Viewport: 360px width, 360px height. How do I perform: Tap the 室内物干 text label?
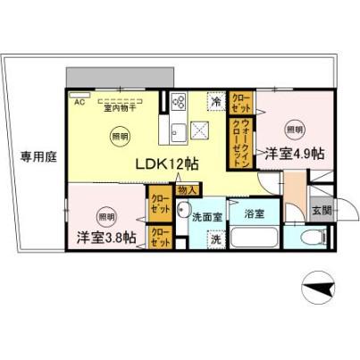pos(119,108)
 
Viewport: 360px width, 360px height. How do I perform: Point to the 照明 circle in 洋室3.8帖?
pos(106,216)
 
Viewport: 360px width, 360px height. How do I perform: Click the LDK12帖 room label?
pos(167,164)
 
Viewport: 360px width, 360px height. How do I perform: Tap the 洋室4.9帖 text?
pos(292,155)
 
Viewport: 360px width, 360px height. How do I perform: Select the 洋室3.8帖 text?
pos(106,238)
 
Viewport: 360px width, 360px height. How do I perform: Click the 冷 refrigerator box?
pos(216,102)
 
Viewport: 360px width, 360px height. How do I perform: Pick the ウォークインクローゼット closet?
pos(242,140)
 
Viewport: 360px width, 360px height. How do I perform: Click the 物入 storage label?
pos(188,189)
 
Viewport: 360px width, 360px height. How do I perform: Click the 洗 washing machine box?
pos(215,239)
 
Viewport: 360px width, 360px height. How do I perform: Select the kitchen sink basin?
pos(177,134)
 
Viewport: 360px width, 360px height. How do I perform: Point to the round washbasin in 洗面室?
pos(183,215)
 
